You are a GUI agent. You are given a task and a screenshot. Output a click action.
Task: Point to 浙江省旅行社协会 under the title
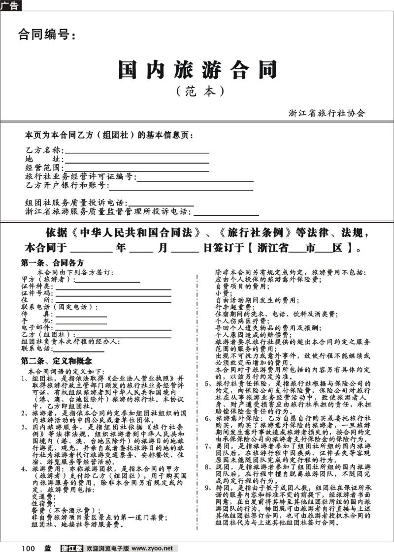point(327,113)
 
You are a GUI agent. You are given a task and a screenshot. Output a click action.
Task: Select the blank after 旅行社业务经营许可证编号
point(194,178)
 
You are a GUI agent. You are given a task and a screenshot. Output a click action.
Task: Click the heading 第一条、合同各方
point(52,263)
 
